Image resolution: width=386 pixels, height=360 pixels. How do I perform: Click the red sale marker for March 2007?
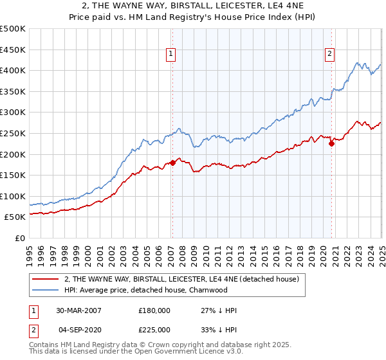tap(172, 163)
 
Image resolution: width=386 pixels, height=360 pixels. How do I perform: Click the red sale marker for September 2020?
tap(332, 144)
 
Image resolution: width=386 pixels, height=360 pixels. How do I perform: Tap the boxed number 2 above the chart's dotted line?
tap(329, 55)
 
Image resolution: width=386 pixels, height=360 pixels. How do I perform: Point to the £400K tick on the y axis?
tap(14, 70)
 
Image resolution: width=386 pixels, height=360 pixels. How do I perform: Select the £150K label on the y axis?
tap(14, 175)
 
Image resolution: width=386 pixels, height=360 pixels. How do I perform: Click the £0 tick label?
tap(19, 238)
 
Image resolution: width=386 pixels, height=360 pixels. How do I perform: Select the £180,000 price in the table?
tap(154, 310)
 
